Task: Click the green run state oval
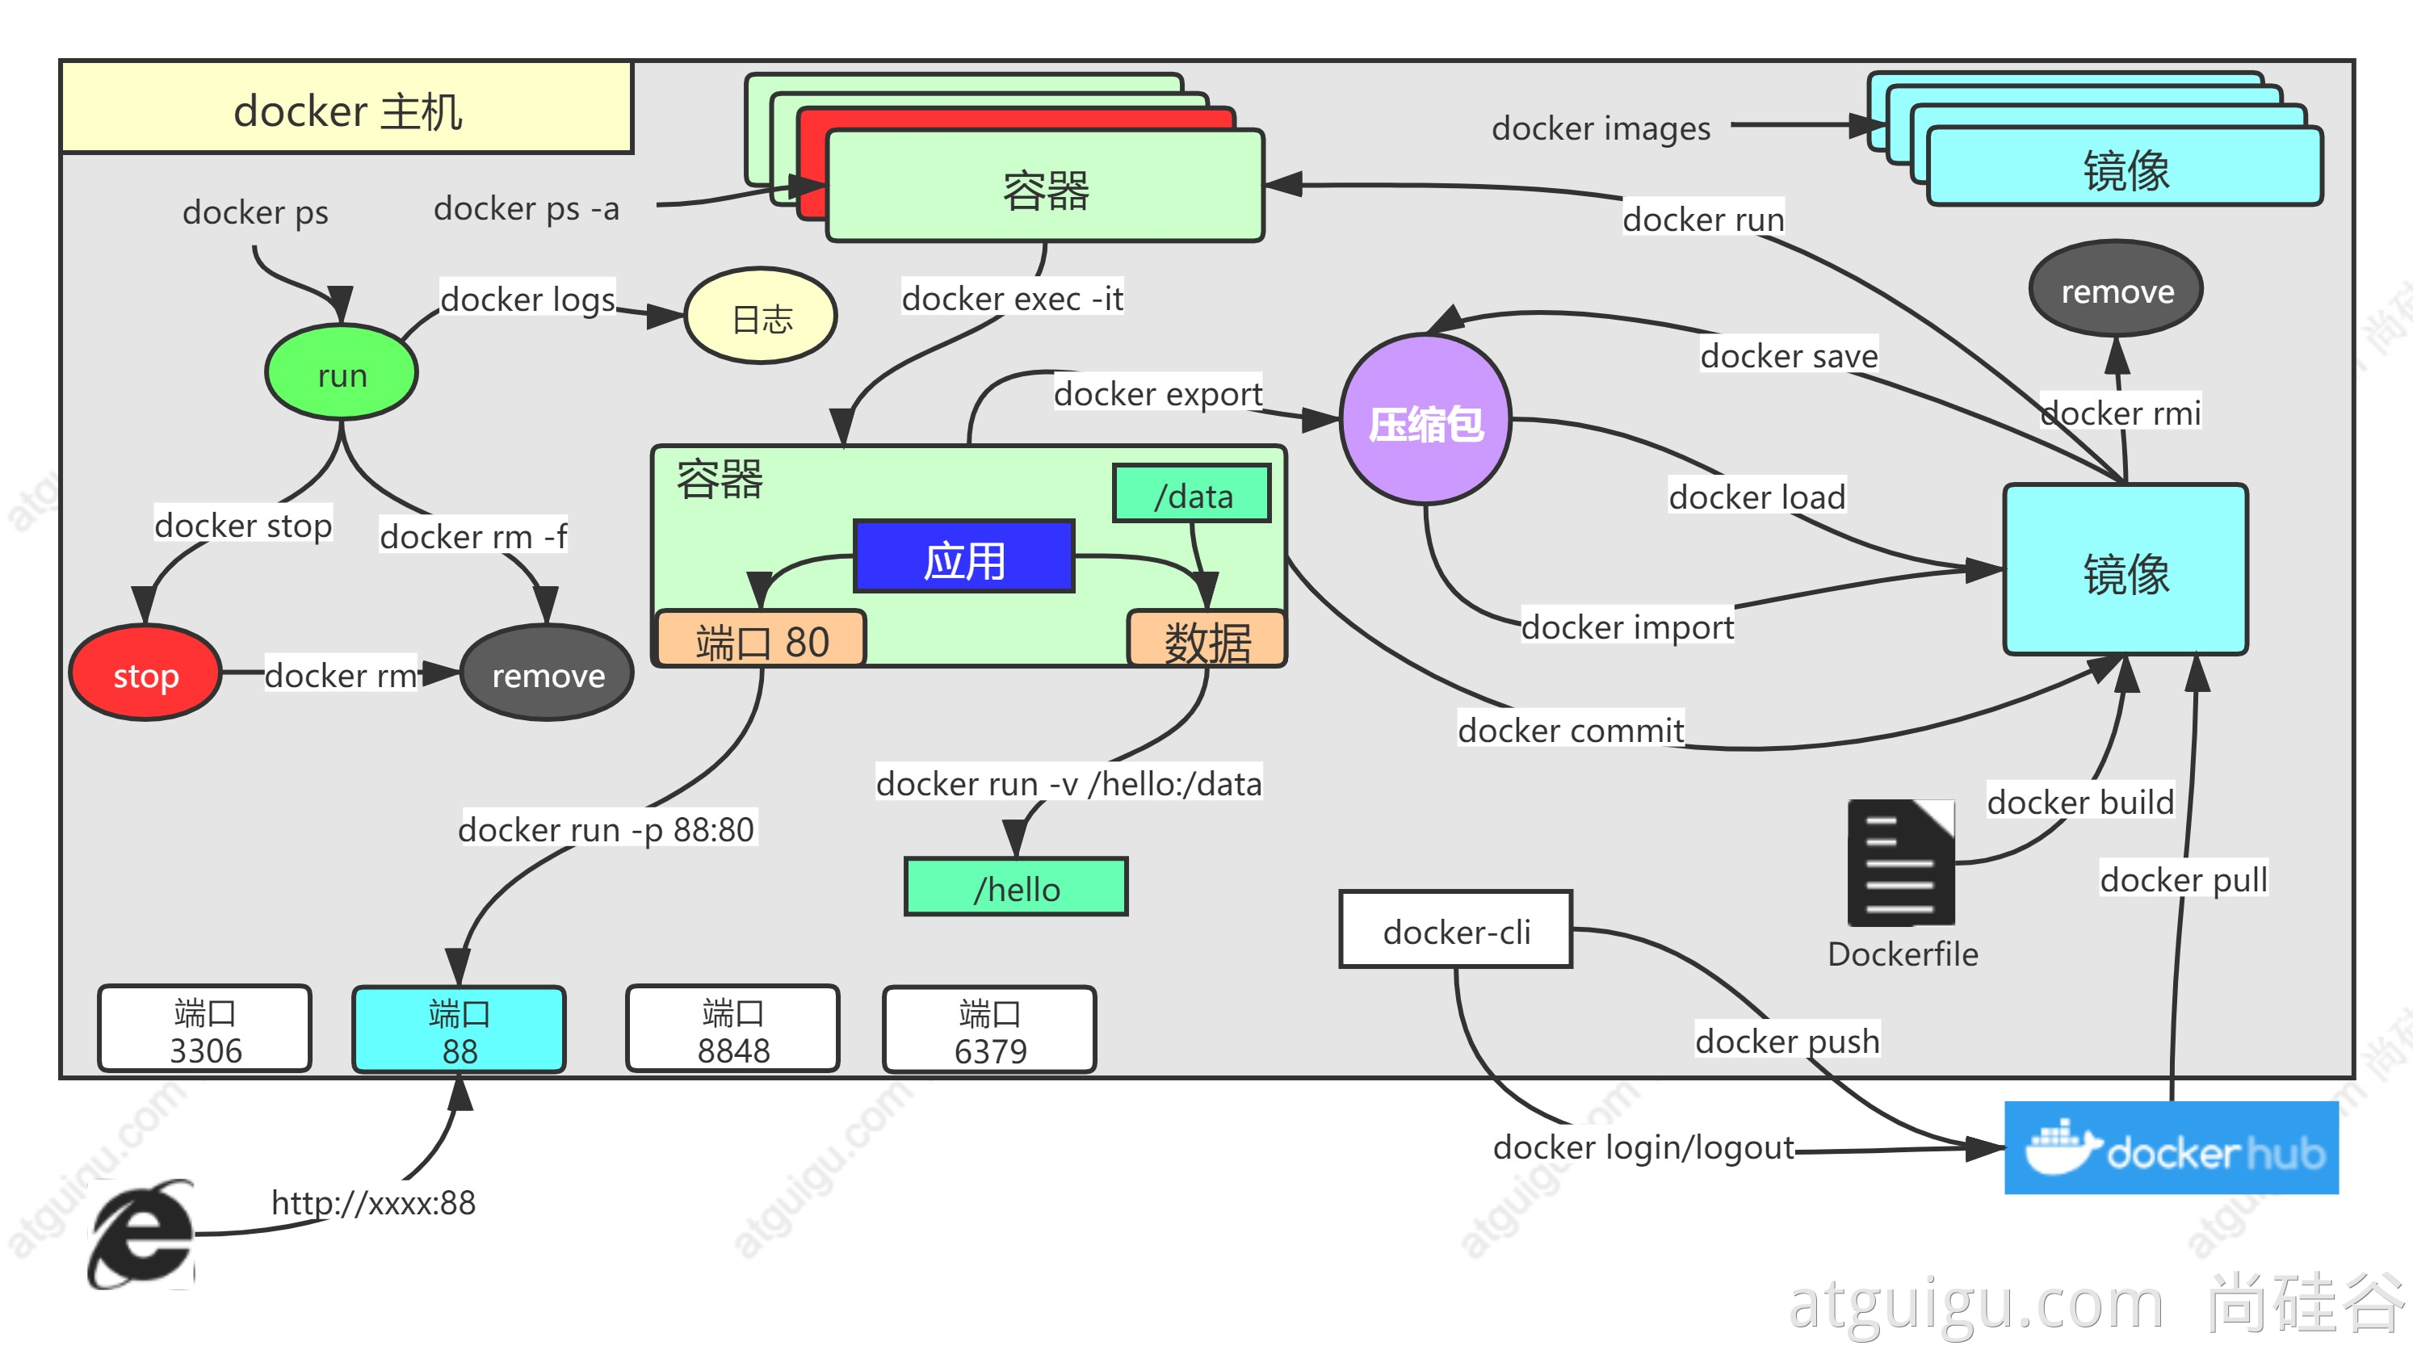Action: (x=342, y=373)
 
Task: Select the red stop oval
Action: (x=145, y=673)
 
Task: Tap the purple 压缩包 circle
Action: (x=1425, y=420)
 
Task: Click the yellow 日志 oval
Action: (x=761, y=317)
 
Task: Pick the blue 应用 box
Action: (x=964, y=556)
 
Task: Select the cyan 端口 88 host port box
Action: (x=459, y=1029)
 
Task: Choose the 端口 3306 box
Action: (x=205, y=1029)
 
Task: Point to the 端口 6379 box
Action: (x=989, y=1029)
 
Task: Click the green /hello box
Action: (x=1017, y=887)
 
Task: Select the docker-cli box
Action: (x=1456, y=930)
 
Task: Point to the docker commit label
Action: (x=1571, y=730)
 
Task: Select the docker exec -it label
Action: (x=1013, y=298)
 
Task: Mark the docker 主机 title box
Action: (x=347, y=107)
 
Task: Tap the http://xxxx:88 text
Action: (x=373, y=1203)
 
